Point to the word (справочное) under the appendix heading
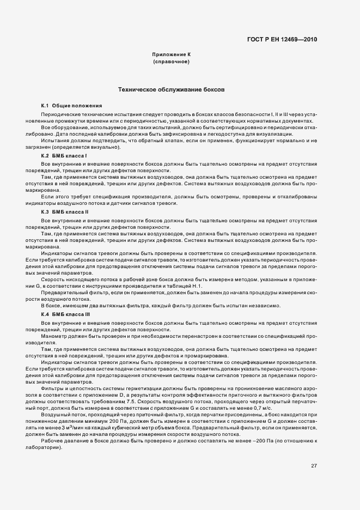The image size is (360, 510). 172,62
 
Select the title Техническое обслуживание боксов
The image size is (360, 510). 172,88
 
